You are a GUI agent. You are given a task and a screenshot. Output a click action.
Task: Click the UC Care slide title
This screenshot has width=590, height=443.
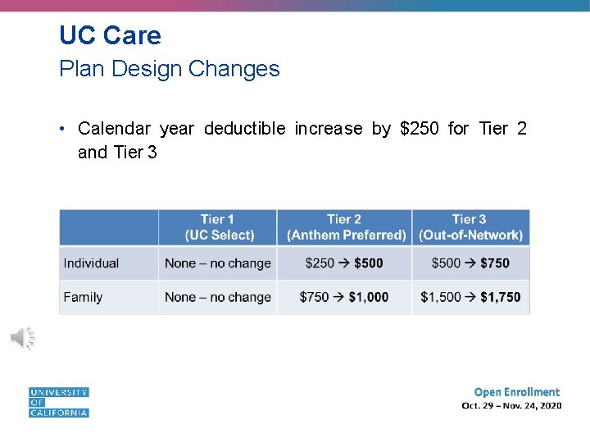pos(110,35)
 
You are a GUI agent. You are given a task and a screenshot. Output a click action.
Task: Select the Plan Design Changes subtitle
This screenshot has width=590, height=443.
pos(169,69)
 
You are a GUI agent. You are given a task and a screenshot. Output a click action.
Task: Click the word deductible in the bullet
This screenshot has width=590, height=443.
pos(244,128)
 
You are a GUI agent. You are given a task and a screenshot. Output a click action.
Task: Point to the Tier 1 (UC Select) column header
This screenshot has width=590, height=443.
pos(217,227)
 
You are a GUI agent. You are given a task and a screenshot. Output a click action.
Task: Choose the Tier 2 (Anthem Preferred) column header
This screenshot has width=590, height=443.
pos(345,227)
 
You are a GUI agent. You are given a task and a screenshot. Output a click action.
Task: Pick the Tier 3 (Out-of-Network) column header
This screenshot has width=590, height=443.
pos(470,227)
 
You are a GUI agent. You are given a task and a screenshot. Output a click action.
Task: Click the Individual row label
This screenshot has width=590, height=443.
pos(91,263)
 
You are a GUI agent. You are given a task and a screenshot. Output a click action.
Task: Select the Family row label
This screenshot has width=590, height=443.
pos(83,297)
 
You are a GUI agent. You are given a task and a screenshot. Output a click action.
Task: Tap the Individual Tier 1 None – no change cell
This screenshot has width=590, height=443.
pos(217,263)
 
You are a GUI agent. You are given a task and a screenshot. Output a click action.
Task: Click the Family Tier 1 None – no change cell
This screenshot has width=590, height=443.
pos(217,297)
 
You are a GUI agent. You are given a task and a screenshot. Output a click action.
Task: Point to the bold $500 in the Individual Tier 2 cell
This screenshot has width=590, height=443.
pos(368,263)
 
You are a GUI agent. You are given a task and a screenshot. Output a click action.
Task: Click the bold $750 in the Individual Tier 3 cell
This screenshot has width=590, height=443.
pos(494,263)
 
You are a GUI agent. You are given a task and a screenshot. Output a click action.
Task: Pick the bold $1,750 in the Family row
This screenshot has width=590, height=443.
pos(500,297)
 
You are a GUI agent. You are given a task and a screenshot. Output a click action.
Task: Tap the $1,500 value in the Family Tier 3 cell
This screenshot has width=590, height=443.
pos(441,297)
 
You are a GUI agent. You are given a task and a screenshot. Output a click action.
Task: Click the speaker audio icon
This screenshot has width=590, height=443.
pos(22,337)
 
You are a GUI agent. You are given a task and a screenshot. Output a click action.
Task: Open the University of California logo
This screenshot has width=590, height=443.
pos(58,402)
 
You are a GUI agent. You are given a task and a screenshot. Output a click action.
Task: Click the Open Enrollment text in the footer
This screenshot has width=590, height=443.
pos(516,392)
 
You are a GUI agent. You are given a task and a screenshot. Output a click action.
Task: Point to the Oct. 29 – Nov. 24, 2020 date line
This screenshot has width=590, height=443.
pos(511,405)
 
